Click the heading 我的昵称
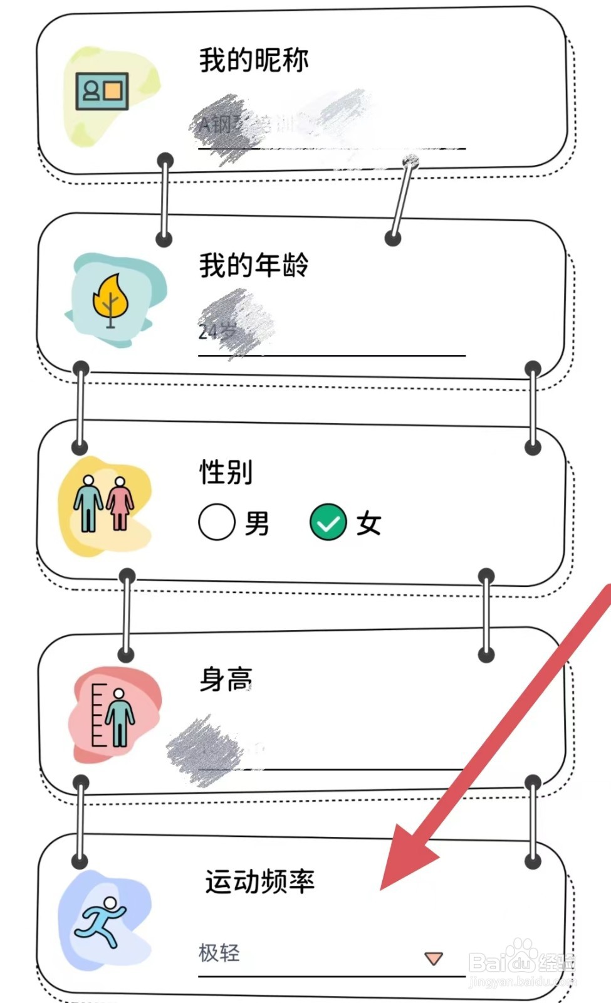(254, 60)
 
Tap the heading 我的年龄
(254, 265)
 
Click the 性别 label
(226, 471)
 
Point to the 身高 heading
(226, 679)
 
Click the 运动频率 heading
(259, 881)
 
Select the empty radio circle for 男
(217, 522)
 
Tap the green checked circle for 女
(328, 522)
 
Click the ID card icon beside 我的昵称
(102, 92)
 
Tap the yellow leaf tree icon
(110, 300)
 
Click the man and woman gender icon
(104, 503)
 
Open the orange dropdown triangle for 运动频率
(434, 958)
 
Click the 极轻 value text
(219, 953)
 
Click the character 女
(368, 523)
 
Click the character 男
(257, 523)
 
